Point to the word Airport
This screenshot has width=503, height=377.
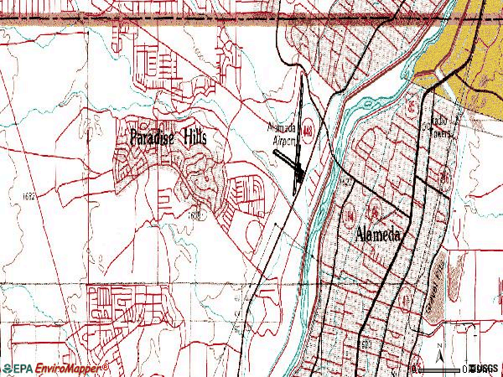[x=286, y=142]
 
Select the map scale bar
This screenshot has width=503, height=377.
[x=457, y=367]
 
